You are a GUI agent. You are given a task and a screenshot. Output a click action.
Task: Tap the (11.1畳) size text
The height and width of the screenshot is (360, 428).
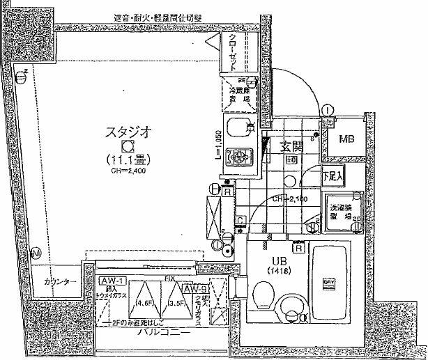coord(127,159)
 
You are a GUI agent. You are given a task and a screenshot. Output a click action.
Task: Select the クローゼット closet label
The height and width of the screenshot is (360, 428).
coord(233,48)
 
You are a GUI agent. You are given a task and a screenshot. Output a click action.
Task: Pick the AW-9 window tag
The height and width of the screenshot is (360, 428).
coord(193,287)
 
